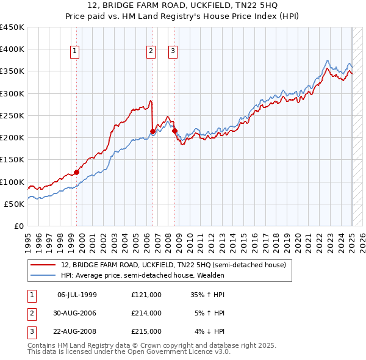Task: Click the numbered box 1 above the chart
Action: pyautogui.click(x=74, y=52)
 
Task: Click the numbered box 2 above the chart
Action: pyautogui.click(x=150, y=52)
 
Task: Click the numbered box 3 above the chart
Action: pyautogui.click(x=173, y=52)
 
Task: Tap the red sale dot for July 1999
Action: pyautogui.click(x=77, y=172)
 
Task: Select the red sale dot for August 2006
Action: pyautogui.click(x=153, y=130)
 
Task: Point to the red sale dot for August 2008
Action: pyautogui.click(x=174, y=131)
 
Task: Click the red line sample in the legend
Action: pyautogui.click(x=44, y=265)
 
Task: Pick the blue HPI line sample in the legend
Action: pyautogui.click(x=44, y=275)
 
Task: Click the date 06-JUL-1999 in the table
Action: pyautogui.click(x=77, y=295)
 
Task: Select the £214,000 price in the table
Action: pyautogui.click(x=146, y=313)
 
